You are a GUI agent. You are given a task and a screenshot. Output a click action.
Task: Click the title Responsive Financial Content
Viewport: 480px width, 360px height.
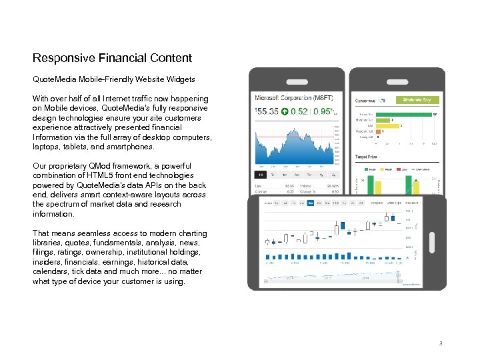click(x=112, y=58)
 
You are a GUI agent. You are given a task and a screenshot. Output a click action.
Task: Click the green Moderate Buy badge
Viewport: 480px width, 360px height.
click(x=417, y=100)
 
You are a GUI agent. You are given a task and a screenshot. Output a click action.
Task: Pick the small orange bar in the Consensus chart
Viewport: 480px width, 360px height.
click(x=379, y=131)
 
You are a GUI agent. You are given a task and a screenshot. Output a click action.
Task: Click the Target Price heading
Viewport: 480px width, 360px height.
click(x=366, y=157)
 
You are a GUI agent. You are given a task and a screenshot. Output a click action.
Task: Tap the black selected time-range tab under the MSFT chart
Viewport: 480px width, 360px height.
click(x=261, y=175)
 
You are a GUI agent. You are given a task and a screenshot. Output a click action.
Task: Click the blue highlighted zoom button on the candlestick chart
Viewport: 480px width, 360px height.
click(x=310, y=202)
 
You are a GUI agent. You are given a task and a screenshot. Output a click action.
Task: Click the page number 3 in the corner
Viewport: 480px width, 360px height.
click(x=440, y=343)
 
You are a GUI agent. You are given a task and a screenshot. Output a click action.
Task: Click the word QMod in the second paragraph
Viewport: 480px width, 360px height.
click(x=95, y=166)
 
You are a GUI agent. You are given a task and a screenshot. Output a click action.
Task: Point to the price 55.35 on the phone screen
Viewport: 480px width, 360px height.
click(x=266, y=111)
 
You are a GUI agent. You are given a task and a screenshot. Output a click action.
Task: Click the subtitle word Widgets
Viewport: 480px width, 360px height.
click(x=179, y=79)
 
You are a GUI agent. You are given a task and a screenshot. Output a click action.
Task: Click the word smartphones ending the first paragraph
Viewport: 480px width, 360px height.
click(x=131, y=147)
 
